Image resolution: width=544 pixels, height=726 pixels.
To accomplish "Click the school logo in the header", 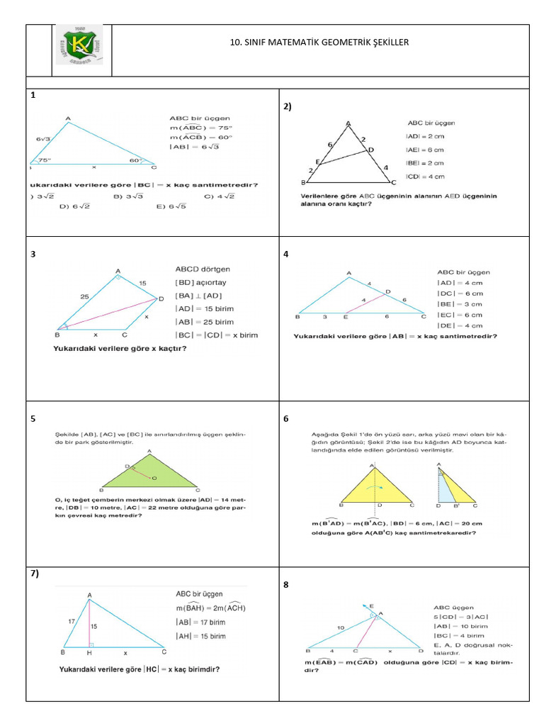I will tap(79, 50).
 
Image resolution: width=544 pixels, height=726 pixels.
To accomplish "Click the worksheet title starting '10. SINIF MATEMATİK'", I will tap(319, 43).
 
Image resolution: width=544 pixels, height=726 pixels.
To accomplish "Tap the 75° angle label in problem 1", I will tap(44, 160).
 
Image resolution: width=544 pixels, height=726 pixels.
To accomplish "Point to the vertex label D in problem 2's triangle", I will tap(370, 150).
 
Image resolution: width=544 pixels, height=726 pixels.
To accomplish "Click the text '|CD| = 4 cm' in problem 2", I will tap(425, 177).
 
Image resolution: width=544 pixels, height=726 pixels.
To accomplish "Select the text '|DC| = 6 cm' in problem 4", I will tap(460, 294).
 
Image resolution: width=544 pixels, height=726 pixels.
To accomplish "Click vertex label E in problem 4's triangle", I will tap(346, 317).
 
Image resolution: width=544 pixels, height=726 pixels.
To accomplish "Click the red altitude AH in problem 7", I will tap(90, 623).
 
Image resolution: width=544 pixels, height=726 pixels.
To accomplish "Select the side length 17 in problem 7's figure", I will tap(70, 621).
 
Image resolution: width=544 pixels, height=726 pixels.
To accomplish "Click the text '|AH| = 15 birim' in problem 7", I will tap(200, 636).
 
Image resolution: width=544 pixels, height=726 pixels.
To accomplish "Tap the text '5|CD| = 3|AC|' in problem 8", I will tap(457, 617).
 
